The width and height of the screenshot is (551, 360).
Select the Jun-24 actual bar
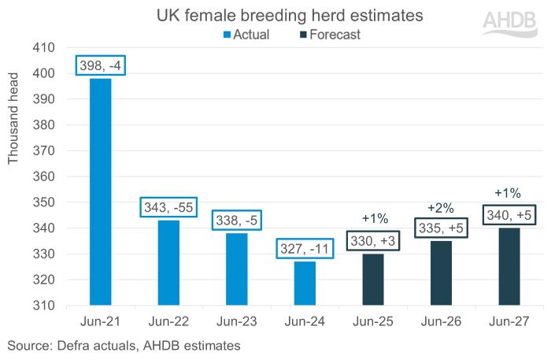[305, 283]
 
